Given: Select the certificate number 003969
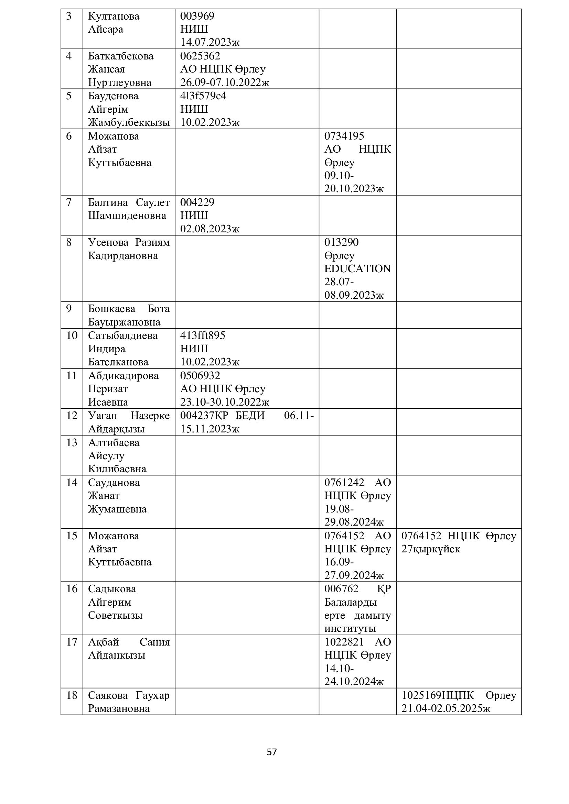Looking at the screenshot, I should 197,16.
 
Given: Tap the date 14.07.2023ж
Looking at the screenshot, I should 210,42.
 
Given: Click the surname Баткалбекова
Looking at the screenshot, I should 120,56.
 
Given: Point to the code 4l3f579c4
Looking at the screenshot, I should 203,96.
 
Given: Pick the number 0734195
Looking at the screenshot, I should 344,136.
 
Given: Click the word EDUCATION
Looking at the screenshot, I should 357,268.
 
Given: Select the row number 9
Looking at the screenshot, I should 69,308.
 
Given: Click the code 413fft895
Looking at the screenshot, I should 203,335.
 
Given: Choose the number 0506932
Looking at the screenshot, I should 200,375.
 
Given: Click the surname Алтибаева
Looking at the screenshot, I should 114,443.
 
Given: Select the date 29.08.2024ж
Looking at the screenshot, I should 354,522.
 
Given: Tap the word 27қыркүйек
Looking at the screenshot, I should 431,549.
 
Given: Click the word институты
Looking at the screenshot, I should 350,628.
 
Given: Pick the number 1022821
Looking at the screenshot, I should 344,642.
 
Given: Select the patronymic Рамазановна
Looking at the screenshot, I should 119,708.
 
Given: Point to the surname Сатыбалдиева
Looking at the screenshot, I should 122,335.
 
